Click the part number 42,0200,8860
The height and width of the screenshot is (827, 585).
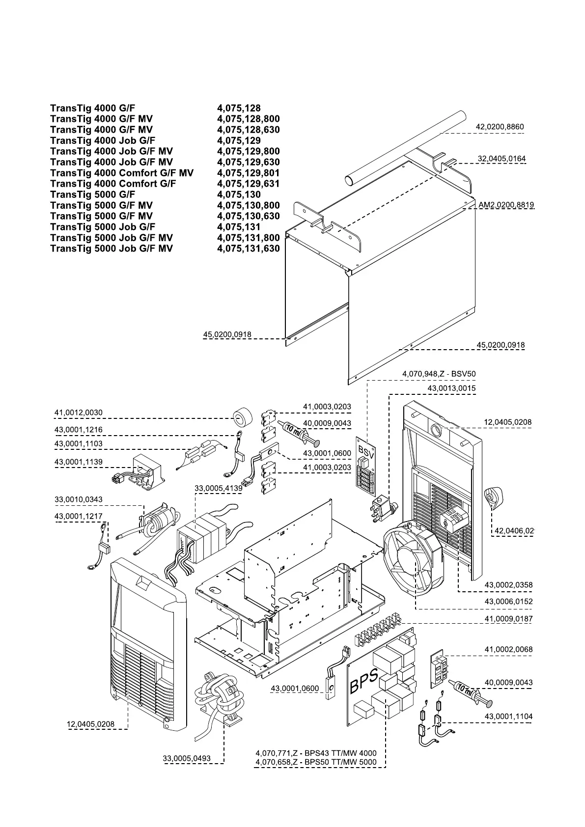(x=500, y=127)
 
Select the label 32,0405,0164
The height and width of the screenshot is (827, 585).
(x=501, y=159)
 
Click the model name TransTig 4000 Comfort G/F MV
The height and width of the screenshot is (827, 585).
(x=122, y=173)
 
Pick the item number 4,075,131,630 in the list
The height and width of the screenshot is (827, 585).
(x=248, y=248)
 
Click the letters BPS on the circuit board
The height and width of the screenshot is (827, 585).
(x=364, y=682)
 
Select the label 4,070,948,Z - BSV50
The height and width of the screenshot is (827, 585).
(x=439, y=374)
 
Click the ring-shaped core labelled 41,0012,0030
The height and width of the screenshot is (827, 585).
(x=241, y=419)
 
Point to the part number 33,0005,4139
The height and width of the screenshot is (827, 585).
(x=219, y=488)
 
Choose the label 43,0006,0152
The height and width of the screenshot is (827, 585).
(x=508, y=601)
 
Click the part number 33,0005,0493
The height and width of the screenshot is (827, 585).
(x=187, y=758)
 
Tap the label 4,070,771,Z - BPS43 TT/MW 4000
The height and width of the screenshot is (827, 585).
(x=316, y=753)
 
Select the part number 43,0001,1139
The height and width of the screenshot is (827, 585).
(x=78, y=462)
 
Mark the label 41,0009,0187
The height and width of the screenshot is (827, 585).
(x=508, y=619)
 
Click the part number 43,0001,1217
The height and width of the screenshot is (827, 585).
(x=78, y=517)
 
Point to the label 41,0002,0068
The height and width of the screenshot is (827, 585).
(x=508, y=649)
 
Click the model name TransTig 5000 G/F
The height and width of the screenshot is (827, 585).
(x=93, y=194)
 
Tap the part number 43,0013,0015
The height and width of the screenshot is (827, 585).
(x=451, y=388)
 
